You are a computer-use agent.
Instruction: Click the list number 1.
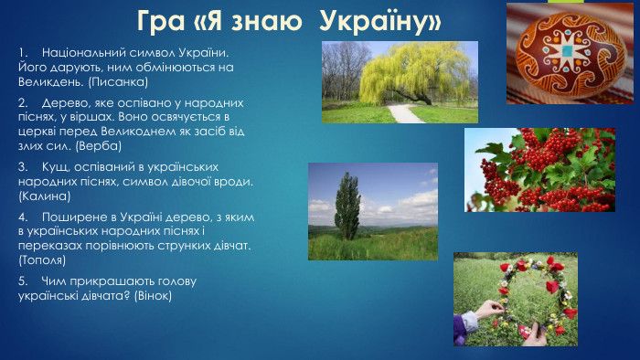22,53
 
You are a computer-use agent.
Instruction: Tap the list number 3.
22,167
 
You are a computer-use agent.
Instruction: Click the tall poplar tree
347,206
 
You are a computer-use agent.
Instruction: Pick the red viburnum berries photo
539,170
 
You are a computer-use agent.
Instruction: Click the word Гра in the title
162,19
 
